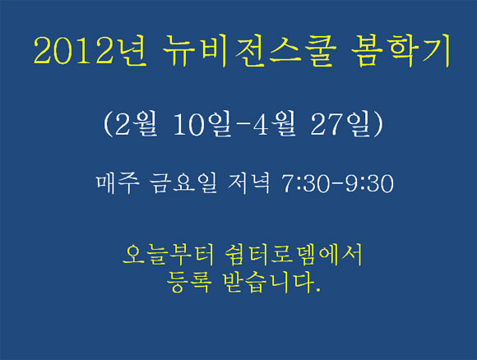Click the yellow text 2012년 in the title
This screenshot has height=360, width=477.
[90, 50]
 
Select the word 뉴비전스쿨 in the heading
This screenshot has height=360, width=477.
[249, 50]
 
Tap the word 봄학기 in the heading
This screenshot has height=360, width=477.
[401, 50]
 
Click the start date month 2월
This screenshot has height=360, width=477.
[136, 124]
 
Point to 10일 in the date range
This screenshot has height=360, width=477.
[203, 124]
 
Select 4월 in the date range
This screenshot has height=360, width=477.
[275, 124]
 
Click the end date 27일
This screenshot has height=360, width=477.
[341, 124]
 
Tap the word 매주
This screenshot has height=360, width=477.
[118, 183]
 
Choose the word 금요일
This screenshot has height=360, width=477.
[183, 183]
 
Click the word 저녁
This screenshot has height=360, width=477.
[248, 183]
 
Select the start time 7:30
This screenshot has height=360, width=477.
[306, 183]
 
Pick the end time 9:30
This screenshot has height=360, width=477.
[369, 183]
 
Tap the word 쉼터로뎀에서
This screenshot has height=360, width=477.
[294, 254]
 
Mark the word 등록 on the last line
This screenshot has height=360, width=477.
[188, 282]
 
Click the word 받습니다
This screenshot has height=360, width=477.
[269, 282]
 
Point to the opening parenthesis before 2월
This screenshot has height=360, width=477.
[108, 124]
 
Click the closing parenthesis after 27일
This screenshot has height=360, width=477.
[378, 124]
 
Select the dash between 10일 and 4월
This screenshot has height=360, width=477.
[243, 124]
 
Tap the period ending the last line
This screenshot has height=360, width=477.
[318, 290]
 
